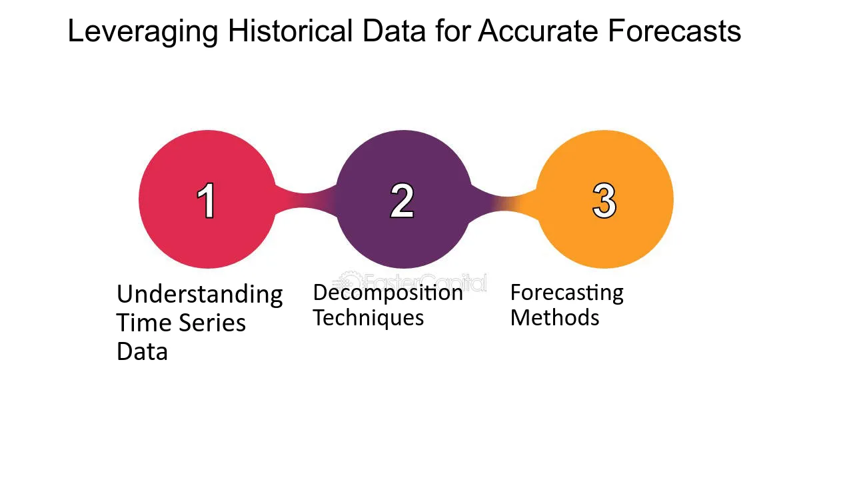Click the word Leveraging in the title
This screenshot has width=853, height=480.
(143, 32)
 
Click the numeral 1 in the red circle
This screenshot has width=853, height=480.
(206, 200)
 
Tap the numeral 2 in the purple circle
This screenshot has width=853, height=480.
(402, 200)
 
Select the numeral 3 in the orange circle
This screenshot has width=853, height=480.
(604, 200)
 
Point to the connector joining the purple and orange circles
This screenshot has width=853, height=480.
(504, 204)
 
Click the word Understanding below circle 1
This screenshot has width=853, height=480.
(199, 295)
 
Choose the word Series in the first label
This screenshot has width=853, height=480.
(212, 323)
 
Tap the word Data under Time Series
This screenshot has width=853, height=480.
(142, 351)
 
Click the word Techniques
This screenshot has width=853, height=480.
(369, 317)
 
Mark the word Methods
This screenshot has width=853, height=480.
(554, 317)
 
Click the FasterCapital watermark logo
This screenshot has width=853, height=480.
(409, 282)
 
